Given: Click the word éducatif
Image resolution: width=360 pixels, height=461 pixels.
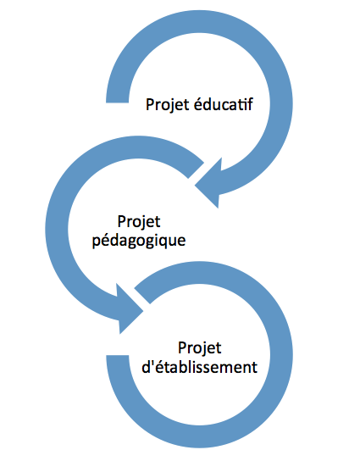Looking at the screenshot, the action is tap(224, 104).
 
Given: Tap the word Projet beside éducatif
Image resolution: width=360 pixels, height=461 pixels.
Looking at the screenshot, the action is tap(168, 105).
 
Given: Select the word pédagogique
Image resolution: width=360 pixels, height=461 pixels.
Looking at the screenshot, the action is tap(139, 241).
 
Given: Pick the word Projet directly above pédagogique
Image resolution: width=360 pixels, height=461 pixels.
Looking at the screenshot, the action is tap(139, 222).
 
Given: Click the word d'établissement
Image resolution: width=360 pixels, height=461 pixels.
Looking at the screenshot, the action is tap(200, 367).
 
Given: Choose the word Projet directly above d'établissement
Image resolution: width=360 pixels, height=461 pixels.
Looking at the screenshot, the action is tap(200, 348).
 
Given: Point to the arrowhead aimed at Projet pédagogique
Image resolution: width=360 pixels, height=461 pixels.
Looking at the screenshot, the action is tap(208, 183).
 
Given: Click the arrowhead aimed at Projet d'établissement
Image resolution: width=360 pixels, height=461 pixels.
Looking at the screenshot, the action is tap(130, 308).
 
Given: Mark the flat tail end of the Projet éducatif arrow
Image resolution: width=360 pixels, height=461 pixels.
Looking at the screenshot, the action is tap(117, 103).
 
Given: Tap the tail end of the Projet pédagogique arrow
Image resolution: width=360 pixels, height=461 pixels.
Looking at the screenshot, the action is tap(196, 170).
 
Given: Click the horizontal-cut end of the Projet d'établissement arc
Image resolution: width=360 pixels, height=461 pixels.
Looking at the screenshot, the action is tap(118, 355).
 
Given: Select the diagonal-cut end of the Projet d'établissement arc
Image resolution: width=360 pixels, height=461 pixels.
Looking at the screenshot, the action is tap(142, 296).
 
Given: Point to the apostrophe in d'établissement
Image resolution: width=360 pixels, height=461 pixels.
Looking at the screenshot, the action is tap(152, 362).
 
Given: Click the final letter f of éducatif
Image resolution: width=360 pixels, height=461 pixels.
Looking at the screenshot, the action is tap(250, 104).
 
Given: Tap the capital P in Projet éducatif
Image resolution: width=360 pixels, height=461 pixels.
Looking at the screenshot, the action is tap(150, 105).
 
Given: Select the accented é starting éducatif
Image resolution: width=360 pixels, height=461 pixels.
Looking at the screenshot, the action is tap(198, 105).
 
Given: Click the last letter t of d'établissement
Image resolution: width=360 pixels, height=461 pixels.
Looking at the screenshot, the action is tap(255, 367).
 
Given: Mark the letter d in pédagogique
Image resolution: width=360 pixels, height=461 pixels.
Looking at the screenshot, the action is tap(114, 240).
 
